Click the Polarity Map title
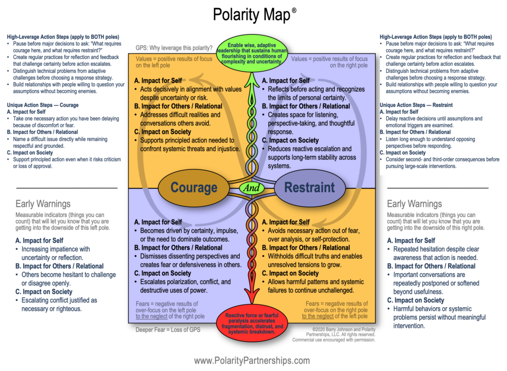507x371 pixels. coord(252,14)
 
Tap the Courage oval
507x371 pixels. coord(194,187)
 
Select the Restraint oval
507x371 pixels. coord(309,187)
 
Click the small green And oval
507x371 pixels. coord(251,188)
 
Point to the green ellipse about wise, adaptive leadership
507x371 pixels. coord(251,51)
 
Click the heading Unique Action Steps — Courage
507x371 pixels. coord(43,105)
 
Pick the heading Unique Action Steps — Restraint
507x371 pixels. coord(415,105)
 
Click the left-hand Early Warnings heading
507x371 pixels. coord(43,204)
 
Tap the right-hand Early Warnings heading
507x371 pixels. coord(414,204)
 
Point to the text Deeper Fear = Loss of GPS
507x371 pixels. coord(168,329)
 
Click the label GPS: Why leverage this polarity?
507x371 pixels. coord(174,48)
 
